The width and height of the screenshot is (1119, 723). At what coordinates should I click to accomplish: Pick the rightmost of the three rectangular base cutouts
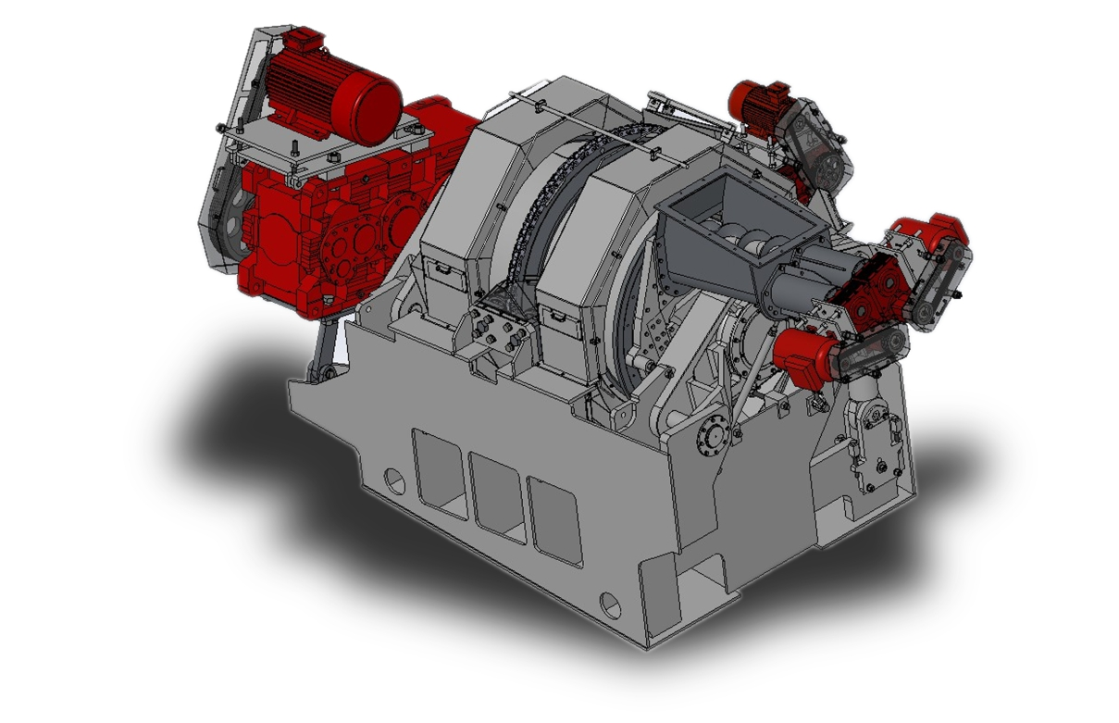(555, 519)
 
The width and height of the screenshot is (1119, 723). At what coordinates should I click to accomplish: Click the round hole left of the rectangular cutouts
(393, 480)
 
